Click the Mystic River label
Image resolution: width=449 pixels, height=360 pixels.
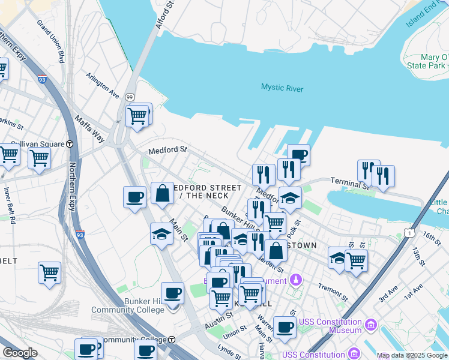[x=282, y=88]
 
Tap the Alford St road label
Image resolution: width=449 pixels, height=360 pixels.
[x=164, y=15]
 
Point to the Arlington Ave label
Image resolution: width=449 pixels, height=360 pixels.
[x=102, y=85]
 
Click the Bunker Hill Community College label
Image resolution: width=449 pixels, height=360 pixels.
[x=127, y=305]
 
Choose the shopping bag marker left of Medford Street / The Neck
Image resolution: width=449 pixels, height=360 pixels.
[x=162, y=193]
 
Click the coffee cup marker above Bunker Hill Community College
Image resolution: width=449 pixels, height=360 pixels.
[x=172, y=293]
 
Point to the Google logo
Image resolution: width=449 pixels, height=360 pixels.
[x=20, y=353]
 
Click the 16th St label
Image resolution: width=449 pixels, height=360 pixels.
[x=432, y=236]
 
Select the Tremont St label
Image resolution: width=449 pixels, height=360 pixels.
[x=333, y=292]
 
